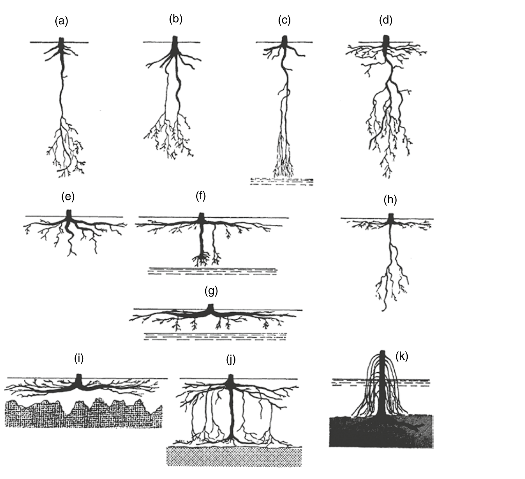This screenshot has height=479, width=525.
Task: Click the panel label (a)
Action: tap(62, 21)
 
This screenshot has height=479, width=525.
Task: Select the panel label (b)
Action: tap(176, 19)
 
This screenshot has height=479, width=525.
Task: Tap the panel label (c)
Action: tap(284, 20)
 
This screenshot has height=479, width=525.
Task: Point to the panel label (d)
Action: tap(385, 20)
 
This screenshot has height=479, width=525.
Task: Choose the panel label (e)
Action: tap(68, 197)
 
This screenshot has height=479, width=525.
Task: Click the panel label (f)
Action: tap(201, 196)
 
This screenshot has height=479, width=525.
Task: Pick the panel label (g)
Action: tap(211, 291)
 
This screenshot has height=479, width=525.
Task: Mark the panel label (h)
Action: tap(390, 200)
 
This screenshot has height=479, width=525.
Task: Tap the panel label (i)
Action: tap(79, 358)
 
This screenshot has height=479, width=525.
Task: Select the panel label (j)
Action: tap(231, 360)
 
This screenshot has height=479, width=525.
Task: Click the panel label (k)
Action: tap(402, 356)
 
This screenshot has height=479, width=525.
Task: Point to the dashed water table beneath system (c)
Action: tap(282, 182)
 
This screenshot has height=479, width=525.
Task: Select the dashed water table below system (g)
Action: tap(215, 337)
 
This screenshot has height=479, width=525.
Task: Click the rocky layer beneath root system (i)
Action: tap(84, 414)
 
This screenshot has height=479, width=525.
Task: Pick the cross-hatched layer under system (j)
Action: tap(234, 457)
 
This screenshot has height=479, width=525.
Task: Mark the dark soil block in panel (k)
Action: tap(381, 431)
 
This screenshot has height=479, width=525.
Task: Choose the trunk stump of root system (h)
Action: tap(391, 218)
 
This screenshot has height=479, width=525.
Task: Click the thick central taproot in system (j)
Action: tap(232, 416)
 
